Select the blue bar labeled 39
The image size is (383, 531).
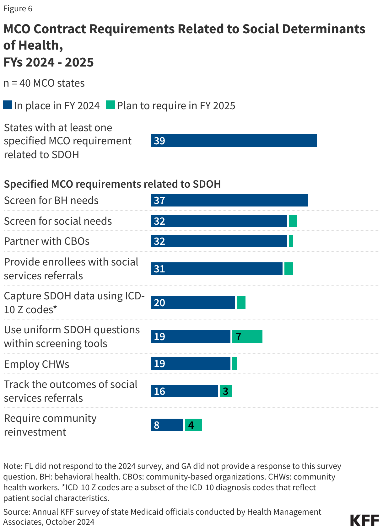(x=234, y=141)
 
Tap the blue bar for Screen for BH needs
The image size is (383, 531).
(x=229, y=200)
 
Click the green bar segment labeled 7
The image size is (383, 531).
(x=247, y=336)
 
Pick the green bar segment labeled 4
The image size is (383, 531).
(x=193, y=425)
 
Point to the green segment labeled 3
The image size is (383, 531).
(x=226, y=391)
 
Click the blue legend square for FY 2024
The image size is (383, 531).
(x=8, y=105)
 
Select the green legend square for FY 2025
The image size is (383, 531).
(x=111, y=105)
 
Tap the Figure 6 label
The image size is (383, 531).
(x=18, y=8)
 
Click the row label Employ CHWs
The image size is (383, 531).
(x=36, y=364)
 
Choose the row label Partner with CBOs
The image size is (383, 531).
(x=46, y=241)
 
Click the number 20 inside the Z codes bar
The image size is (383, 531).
(x=159, y=303)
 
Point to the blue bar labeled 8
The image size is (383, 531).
(x=167, y=425)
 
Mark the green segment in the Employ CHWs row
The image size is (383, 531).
(x=234, y=363)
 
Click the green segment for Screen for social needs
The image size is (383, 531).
(x=293, y=221)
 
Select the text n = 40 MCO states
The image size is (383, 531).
(x=44, y=83)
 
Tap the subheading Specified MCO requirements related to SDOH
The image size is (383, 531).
(x=112, y=184)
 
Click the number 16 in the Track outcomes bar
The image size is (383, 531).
(x=159, y=391)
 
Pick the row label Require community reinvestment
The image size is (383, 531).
(x=50, y=425)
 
